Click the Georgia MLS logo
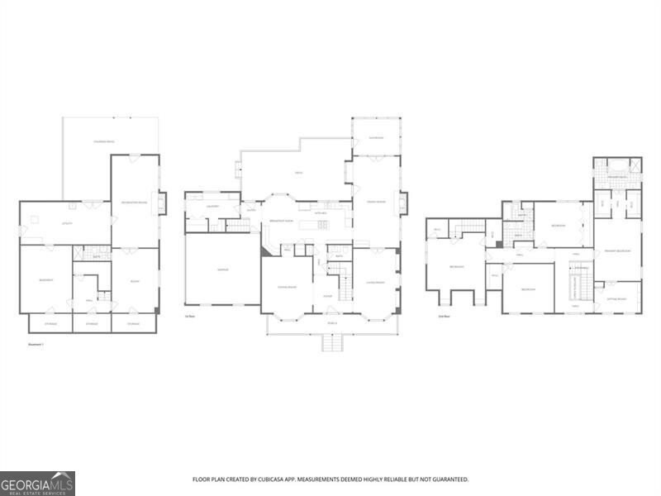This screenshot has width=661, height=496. (37, 483)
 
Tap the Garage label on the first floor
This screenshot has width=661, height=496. (222, 269)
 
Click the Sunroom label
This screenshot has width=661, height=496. (376, 137)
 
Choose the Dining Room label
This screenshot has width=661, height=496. (287, 286)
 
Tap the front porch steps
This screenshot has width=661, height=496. (331, 342)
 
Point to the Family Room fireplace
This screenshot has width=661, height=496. (403, 202)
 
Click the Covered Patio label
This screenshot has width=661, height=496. (104, 143)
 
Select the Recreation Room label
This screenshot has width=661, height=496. (134, 201)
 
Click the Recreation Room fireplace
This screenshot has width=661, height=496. (162, 203)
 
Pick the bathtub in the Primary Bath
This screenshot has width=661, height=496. (617, 164)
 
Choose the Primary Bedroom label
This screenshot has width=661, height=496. (617, 250)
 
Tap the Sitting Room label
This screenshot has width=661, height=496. (616, 298)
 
